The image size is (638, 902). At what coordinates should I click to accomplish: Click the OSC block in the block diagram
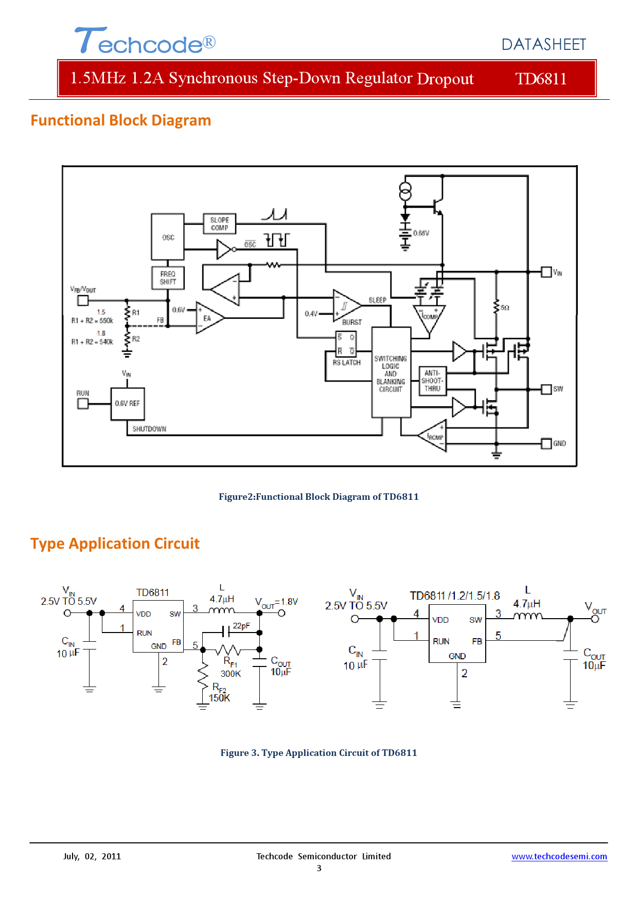point(168,237)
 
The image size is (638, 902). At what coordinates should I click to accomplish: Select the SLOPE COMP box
point(220,224)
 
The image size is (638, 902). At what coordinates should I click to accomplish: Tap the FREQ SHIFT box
point(168,278)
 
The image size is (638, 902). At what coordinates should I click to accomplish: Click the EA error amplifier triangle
point(208,318)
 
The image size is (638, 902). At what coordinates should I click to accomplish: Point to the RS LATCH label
point(346,363)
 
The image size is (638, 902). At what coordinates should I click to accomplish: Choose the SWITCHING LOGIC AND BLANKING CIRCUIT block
point(391,372)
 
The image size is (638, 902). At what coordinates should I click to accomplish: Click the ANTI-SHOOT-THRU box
point(432,381)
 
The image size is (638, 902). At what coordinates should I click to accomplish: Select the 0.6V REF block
point(128,404)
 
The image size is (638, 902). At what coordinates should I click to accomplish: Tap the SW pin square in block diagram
point(546,389)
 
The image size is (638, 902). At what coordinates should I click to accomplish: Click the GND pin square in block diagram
point(546,443)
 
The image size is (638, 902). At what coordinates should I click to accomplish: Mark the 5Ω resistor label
point(505,308)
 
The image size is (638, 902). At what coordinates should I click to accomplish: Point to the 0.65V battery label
point(421,233)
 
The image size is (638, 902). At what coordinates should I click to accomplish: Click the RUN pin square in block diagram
point(83,404)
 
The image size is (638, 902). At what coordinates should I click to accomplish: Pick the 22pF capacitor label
point(241,626)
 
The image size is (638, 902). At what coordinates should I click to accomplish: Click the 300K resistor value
point(231,674)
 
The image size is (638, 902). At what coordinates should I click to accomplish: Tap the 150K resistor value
point(220,698)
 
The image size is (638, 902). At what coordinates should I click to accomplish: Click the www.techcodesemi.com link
point(559,856)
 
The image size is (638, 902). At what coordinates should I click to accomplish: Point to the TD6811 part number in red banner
point(541,79)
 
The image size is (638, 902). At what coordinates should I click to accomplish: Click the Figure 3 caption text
point(318,753)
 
